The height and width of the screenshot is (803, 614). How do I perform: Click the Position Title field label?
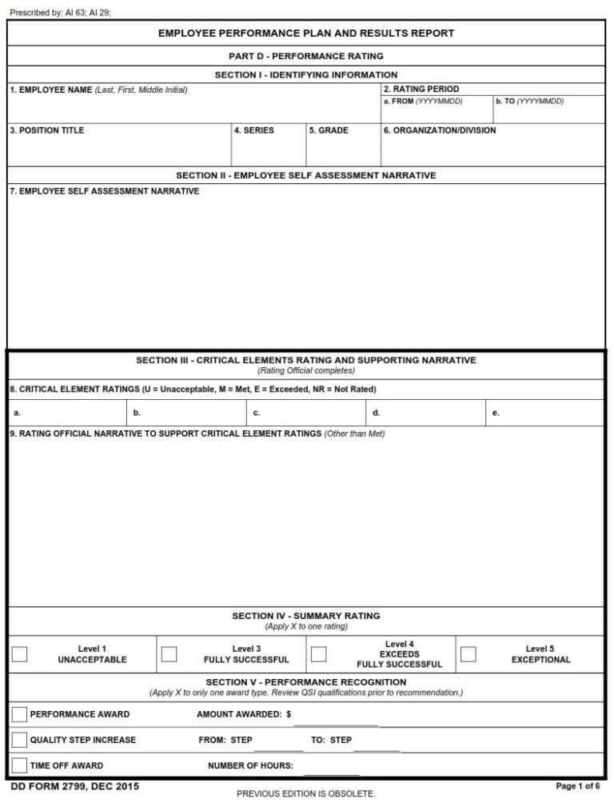47,130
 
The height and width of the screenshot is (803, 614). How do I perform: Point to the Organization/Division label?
440,130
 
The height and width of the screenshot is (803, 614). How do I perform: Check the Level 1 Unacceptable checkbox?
20,654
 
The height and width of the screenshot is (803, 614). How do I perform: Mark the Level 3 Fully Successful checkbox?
169,654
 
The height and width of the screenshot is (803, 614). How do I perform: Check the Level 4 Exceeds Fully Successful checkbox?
318,654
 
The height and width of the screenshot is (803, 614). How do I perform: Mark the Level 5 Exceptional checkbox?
468,654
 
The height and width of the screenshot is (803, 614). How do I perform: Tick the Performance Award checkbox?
20,714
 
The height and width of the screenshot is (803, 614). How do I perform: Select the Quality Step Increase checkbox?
20,740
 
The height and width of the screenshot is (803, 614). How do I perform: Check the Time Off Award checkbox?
20,765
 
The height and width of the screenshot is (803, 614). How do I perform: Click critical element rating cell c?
305,413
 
